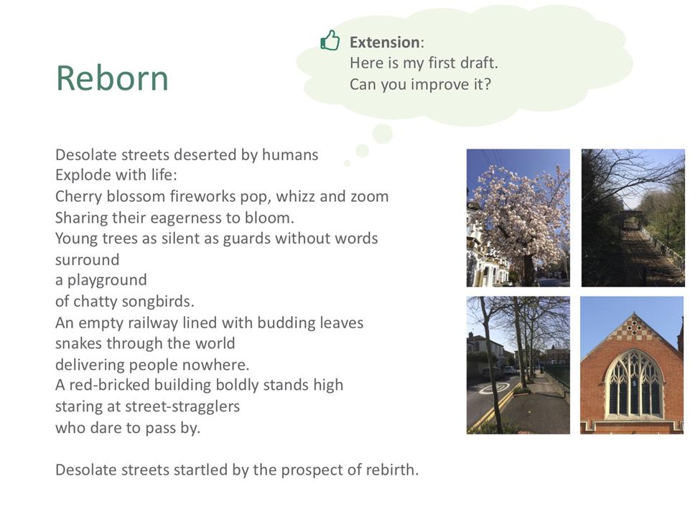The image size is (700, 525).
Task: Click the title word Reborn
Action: [x=112, y=78]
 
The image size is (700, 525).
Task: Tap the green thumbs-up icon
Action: [x=330, y=40]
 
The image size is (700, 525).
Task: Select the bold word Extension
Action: [x=384, y=42]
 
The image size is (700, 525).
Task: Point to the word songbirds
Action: [x=158, y=302]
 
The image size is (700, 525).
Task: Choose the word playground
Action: [x=107, y=280]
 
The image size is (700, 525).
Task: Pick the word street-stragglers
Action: [x=182, y=406]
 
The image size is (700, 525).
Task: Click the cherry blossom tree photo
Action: [x=518, y=218]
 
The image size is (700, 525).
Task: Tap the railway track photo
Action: [x=633, y=218]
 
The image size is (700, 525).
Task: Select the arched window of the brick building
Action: [x=634, y=384]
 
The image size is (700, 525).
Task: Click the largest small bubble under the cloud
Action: [x=383, y=134]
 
